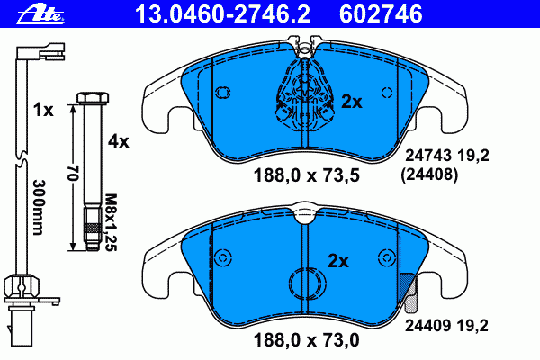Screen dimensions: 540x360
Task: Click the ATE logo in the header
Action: point(40,14)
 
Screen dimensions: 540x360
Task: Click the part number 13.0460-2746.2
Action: point(222,14)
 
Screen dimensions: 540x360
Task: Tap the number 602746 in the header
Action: point(381,14)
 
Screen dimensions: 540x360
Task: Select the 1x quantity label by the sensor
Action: point(43,110)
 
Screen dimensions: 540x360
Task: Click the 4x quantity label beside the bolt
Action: point(119,141)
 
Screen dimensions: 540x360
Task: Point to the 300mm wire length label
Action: point(38,207)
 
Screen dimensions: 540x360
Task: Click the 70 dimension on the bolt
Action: point(73,173)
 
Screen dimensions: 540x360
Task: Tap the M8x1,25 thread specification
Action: point(111,222)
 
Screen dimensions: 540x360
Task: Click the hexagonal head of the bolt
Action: point(93,98)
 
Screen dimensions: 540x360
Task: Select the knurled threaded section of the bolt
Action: point(93,229)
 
